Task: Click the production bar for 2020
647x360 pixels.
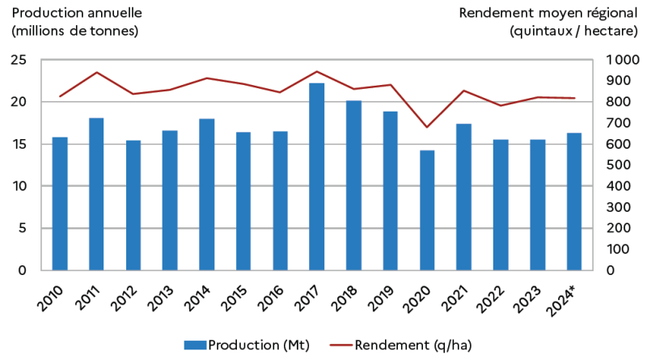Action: tap(427, 210)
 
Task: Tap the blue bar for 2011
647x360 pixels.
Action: tap(96, 194)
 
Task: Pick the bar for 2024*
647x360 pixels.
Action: tap(574, 201)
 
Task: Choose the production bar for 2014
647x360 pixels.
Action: tap(206, 194)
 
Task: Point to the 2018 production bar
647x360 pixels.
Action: tap(353, 185)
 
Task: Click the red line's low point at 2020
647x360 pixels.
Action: tap(427, 127)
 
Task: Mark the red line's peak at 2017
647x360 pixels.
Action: tap(317, 71)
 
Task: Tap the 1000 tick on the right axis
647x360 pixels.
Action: tap(624, 60)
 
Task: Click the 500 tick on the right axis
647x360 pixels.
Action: tap(620, 165)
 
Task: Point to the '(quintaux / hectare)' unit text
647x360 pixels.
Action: tap(571, 31)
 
